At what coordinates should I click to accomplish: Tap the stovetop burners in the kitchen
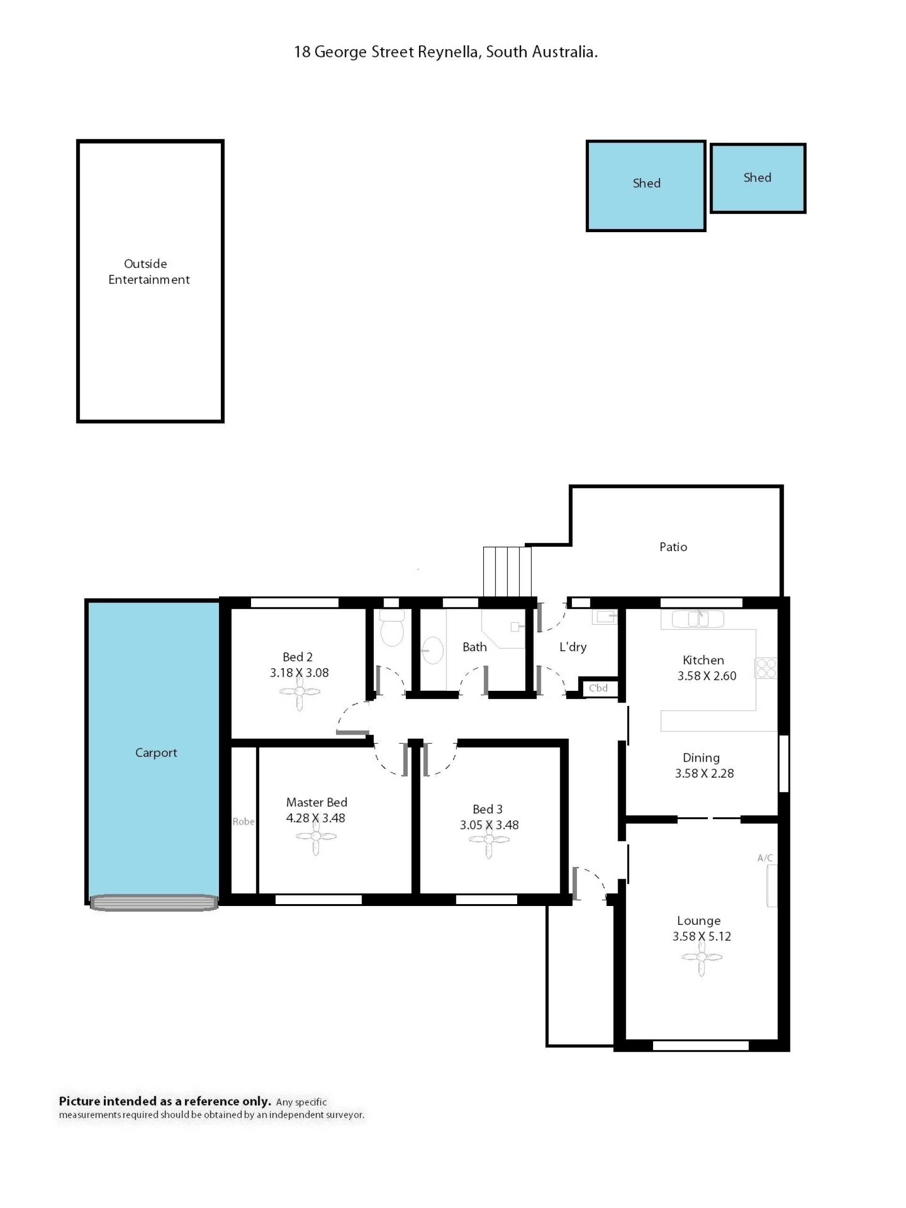pyautogui.click(x=766, y=669)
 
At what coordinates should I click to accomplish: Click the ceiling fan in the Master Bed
pyautogui.click(x=316, y=836)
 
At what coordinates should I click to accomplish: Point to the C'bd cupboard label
pyautogui.click(x=598, y=688)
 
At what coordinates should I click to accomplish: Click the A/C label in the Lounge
pyautogui.click(x=764, y=858)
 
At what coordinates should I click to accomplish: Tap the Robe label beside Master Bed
pyautogui.click(x=243, y=822)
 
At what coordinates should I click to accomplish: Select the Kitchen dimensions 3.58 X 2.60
pyautogui.click(x=707, y=676)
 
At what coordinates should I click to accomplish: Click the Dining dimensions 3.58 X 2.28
pyautogui.click(x=704, y=773)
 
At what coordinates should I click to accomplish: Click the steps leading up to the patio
pyautogui.click(x=507, y=572)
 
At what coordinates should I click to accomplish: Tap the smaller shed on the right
pyautogui.click(x=757, y=178)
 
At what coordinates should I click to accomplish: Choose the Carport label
pyautogui.click(x=156, y=753)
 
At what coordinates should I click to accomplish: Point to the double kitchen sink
pyautogui.click(x=697, y=619)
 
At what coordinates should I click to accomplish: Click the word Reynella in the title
pyautogui.click(x=448, y=52)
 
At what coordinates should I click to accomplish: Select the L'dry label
pyautogui.click(x=573, y=647)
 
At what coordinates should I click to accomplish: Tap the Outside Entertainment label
pyautogui.click(x=149, y=272)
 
